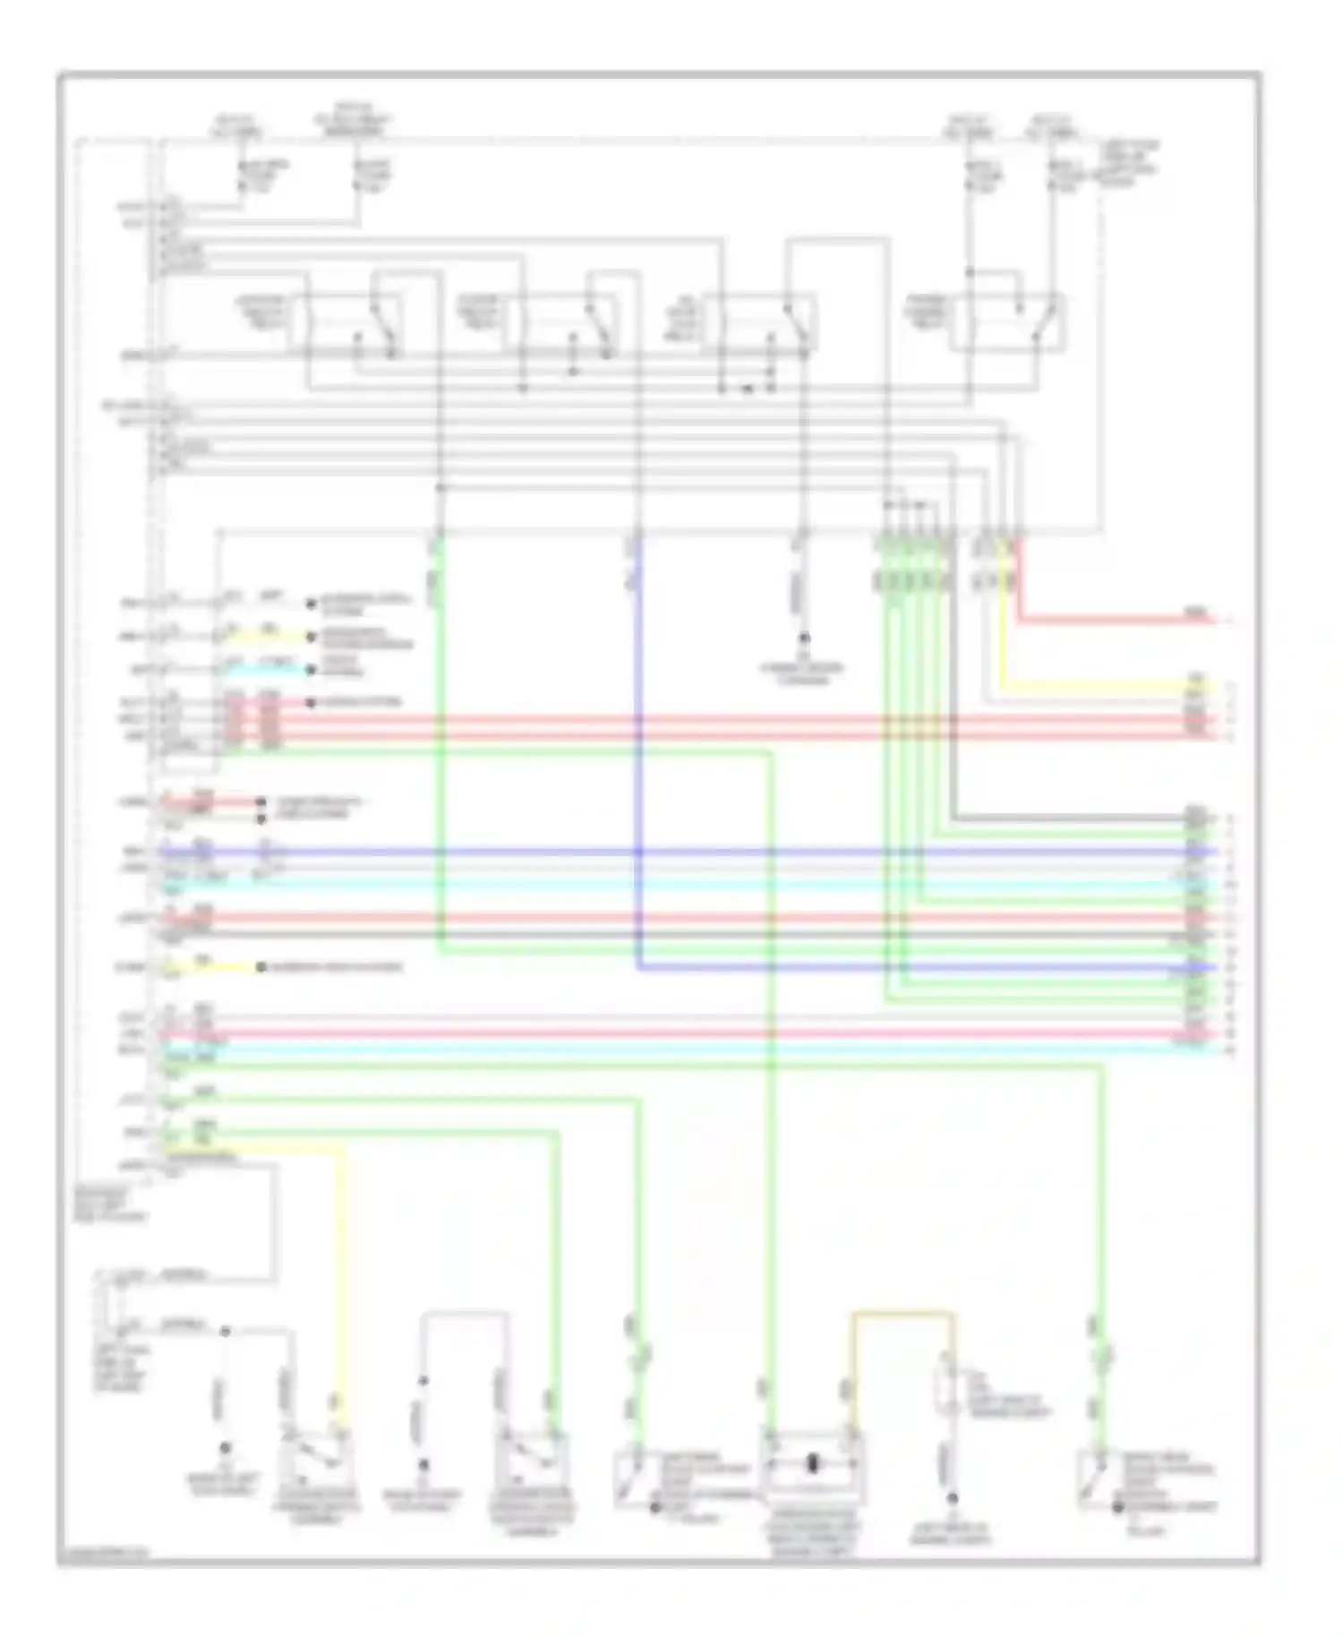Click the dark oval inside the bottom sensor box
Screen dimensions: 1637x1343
[x=813, y=1464]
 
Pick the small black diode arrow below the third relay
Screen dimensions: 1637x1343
[x=747, y=389]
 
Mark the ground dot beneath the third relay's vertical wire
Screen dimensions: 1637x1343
[x=804, y=639]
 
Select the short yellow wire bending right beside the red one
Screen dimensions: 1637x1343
[x=1101, y=688]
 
